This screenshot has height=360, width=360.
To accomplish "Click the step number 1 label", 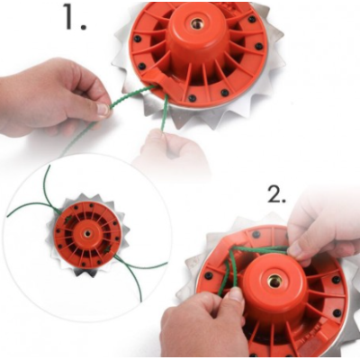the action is coord(75,17).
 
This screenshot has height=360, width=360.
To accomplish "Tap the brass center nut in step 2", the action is coord(274,281).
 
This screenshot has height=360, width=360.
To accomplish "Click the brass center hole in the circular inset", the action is coord(88,233).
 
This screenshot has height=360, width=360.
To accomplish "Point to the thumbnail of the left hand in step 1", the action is coord(103,109).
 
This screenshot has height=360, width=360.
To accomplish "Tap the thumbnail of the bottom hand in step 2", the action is coord(236,294).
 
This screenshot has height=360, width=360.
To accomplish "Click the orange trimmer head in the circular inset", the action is coord(88,234).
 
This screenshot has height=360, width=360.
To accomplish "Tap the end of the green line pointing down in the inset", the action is coord(140,301).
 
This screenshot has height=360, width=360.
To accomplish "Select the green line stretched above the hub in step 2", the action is coord(261,248).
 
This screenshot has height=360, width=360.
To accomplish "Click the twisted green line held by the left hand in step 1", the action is coord(132,96).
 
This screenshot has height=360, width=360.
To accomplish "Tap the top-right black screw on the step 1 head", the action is coord(252,19).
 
